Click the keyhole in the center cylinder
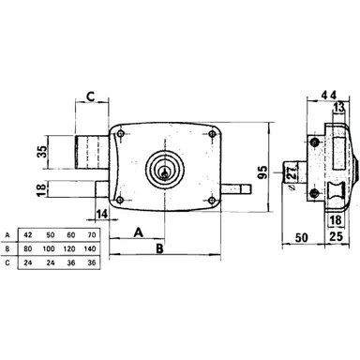pyautogui.click(x=167, y=171)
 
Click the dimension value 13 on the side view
pyautogui.click(x=339, y=112)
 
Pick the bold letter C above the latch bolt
pyautogui.click(x=90, y=96)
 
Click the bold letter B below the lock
pyautogui.click(x=160, y=249)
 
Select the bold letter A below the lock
pyautogui.click(x=138, y=231)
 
